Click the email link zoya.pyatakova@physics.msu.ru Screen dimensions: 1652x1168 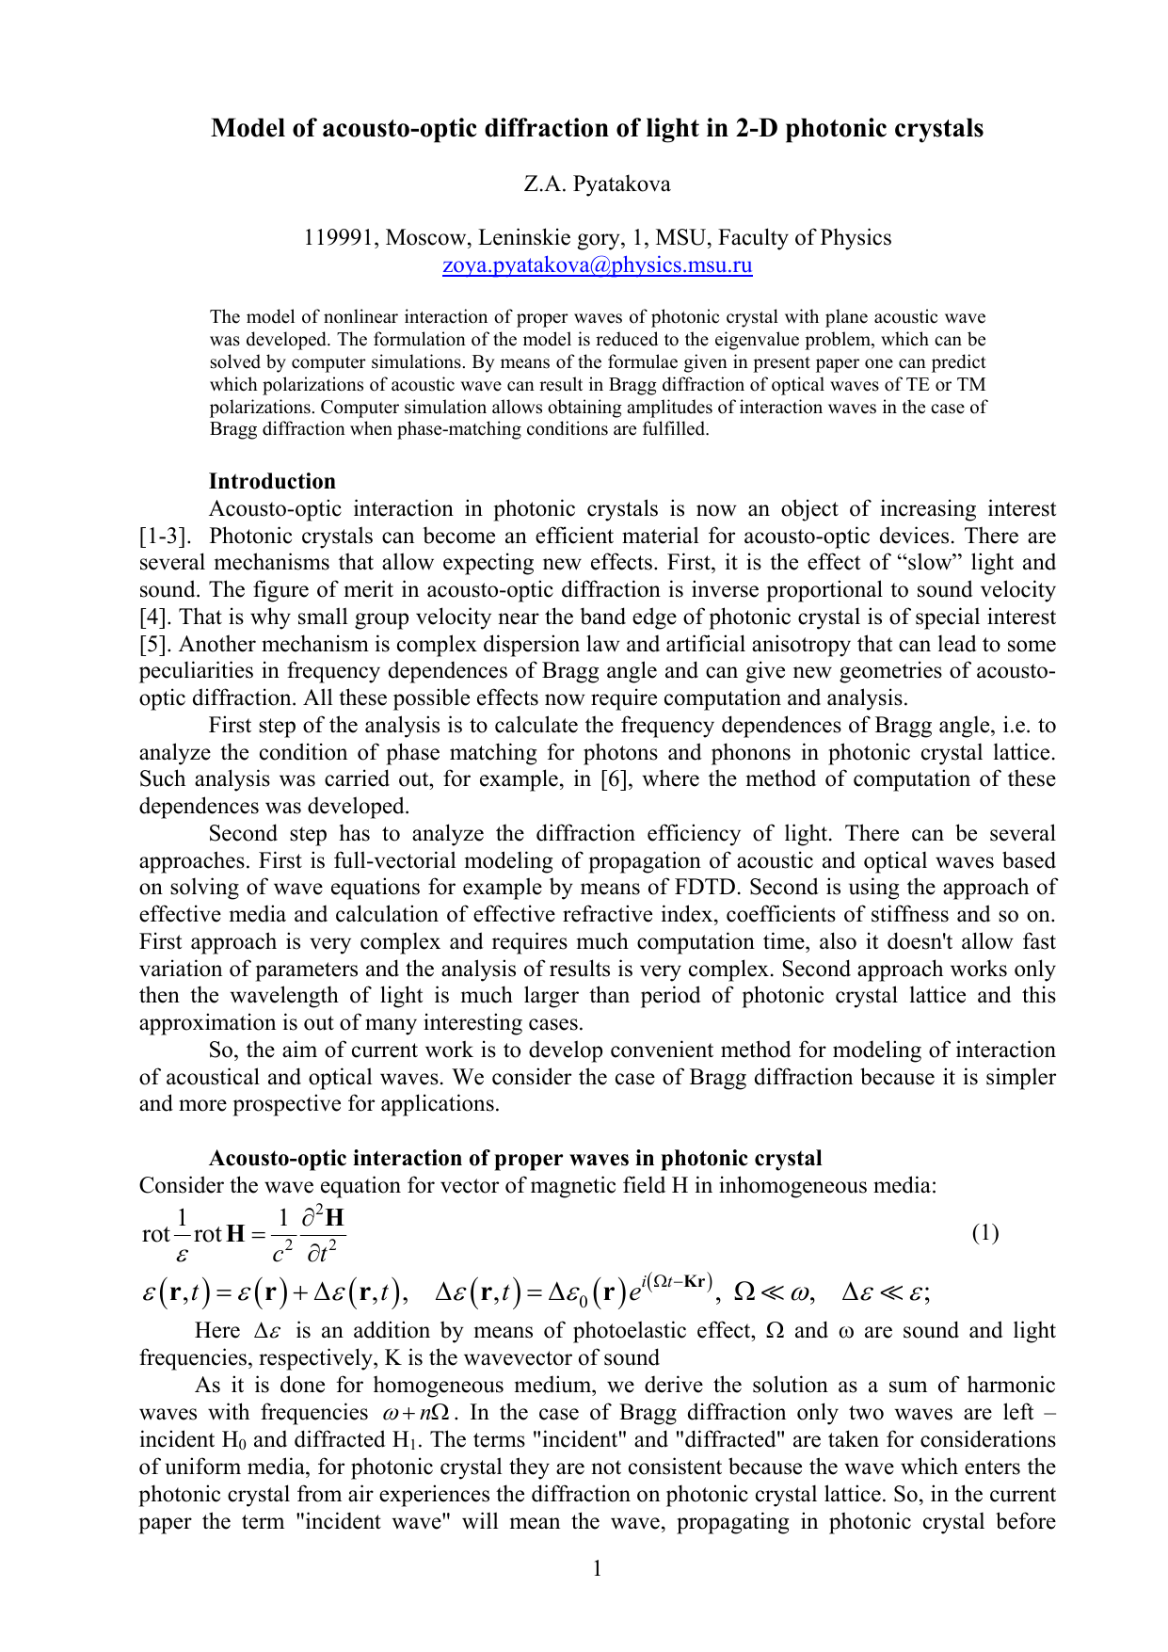point(597,265)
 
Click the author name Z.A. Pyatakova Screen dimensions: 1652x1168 point(597,184)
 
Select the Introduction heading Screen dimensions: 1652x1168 point(272,482)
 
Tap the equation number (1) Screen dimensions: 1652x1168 point(984,1233)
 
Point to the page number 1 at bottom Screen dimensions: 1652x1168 point(597,1568)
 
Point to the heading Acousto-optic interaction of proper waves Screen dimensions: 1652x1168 point(515,1159)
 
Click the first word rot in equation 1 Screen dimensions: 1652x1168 point(155,1235)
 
